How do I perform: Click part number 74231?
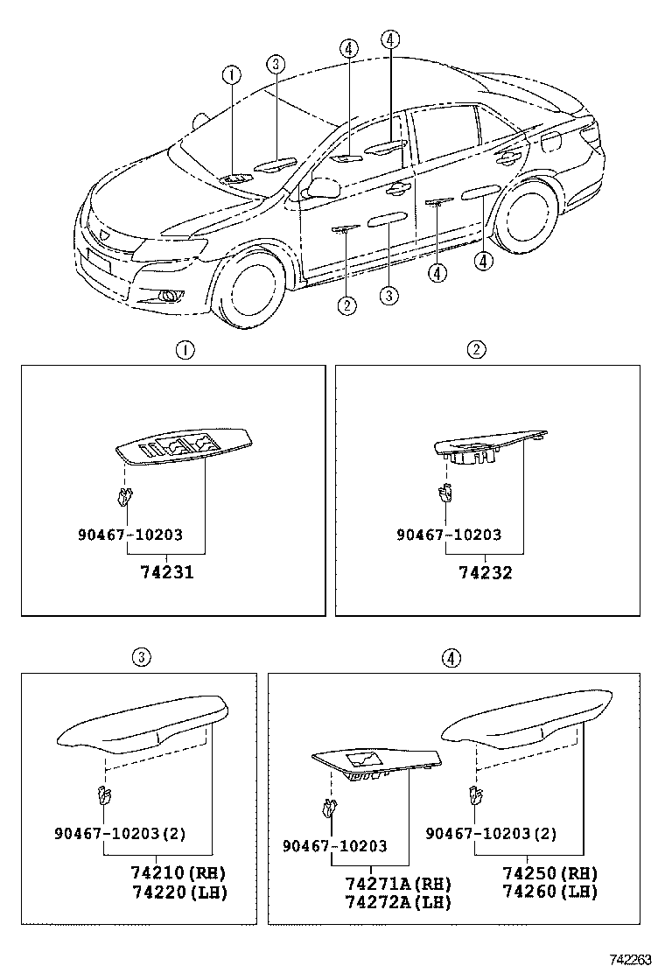[x=166, y=573]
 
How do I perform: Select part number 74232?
[x=486, y=573]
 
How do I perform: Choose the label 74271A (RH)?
[x=397, y=884]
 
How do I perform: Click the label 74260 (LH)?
[x=549, y=892]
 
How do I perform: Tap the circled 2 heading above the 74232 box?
[x=475, y=351]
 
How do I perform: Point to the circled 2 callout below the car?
[x=347, y=304]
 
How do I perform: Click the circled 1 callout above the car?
[x=231, y=76]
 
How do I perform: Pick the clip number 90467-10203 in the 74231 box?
[x=130, y=535]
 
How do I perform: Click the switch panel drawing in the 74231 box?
[x=184, y=447]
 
